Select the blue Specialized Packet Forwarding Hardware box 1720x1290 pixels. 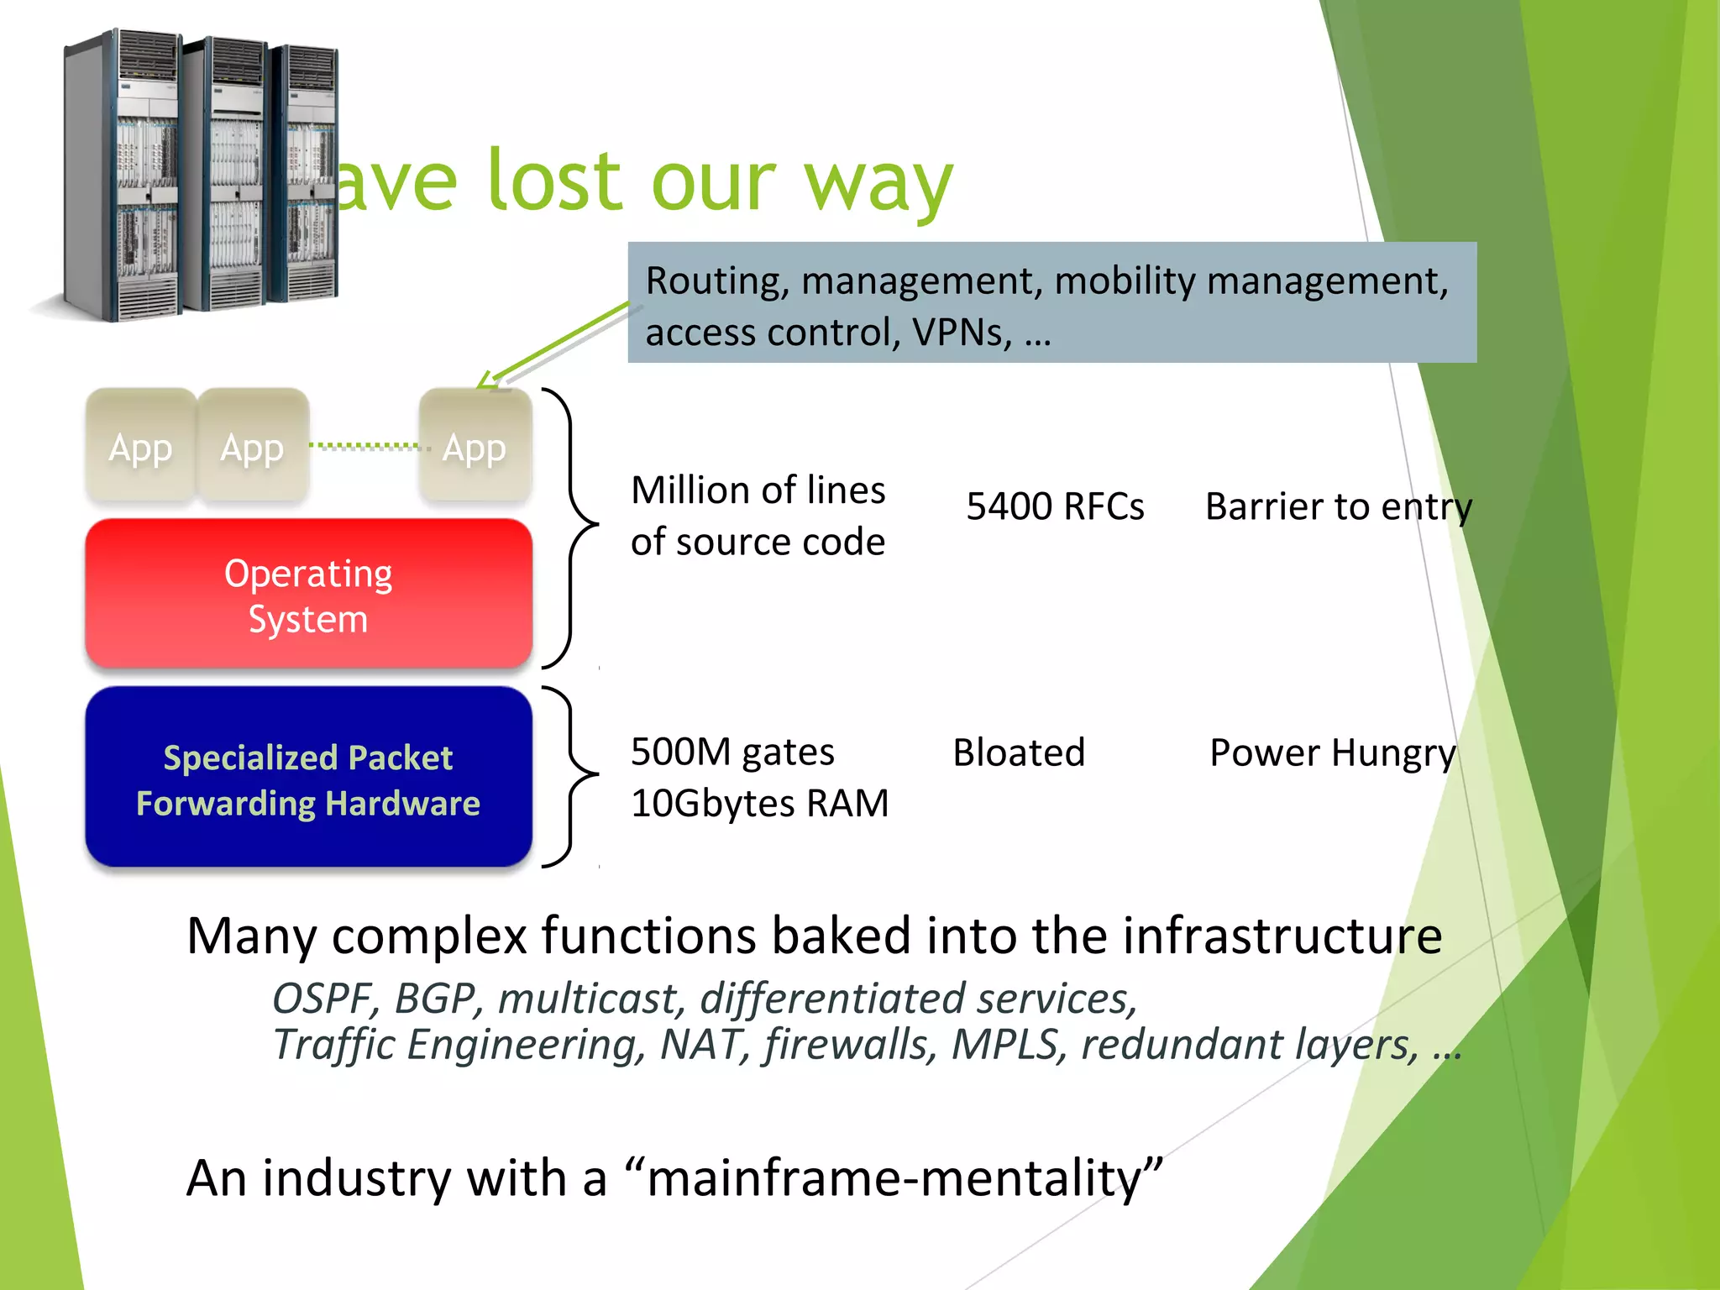(x=308, y=778)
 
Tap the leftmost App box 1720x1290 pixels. (x=140, y=446)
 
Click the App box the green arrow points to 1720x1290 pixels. (x=475, y=446)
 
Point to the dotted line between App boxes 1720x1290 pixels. (x=364, y=446)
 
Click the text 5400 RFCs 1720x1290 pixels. (x=1055, y=506)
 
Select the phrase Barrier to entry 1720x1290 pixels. (x=1338, y=506)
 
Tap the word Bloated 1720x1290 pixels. (x=1019, y=752)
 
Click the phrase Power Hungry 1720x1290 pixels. (x=1332, y=752)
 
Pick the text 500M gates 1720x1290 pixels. (x=732, y=752)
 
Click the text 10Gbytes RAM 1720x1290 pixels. (x=759, y=804)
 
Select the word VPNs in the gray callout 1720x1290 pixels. (x=962, y=333)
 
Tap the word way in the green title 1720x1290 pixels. (x=878, y=183)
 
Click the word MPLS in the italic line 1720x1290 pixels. (x=1004, y=1046)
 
